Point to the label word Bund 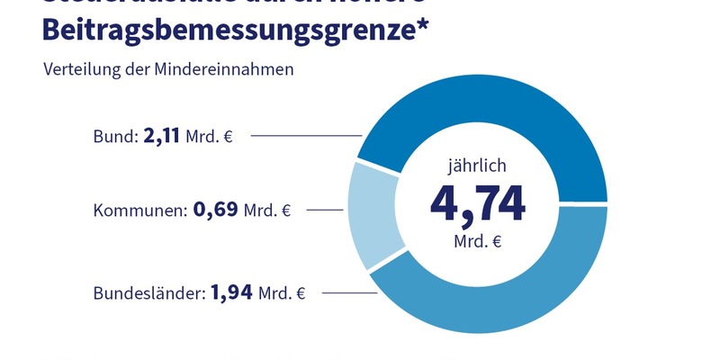coord(113,137)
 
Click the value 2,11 coord(162,137)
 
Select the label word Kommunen coord(139,211)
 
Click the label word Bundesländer coord(148,293)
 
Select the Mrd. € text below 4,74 coord(477,242)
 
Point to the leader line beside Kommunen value coord(324,211)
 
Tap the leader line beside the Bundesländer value coord(346,293)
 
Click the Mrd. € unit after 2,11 coord(209,138)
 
